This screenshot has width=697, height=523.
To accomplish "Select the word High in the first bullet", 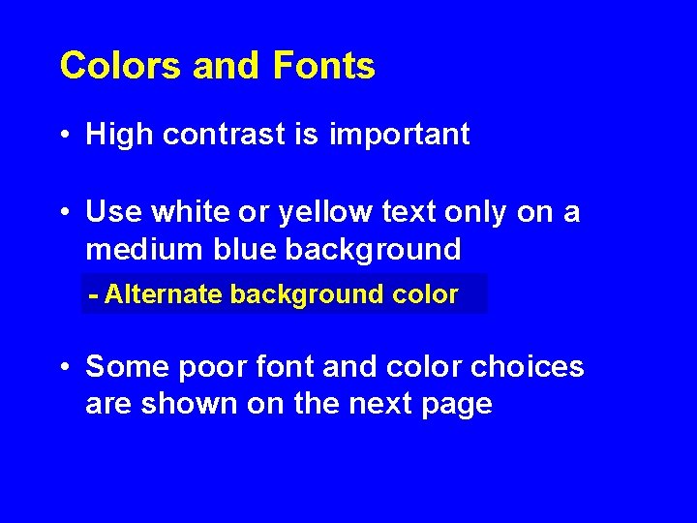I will pyautogui.click(x=120, y=135).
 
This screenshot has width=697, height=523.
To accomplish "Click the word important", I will pyautogui.click(x=399, y=135).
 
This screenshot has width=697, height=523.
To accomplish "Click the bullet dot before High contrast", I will pyautogui.click(x=64, y=136).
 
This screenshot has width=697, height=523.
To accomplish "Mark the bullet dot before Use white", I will pyautogui.click(x=64, y=213).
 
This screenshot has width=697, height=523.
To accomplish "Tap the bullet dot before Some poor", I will pyautogui.click(x=64, y=368).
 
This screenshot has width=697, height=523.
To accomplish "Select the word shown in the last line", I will pyautogui.click(x=190, y=404).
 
